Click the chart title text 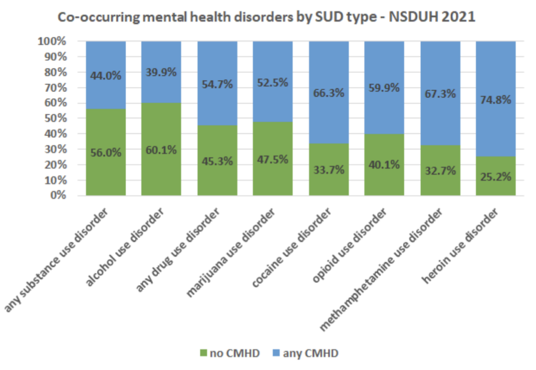[268, 17]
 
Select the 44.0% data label [106, 75]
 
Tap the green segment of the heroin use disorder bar [496, 183]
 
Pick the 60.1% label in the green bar [161, 150]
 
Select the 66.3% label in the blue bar [329, 93]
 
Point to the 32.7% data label [440, 171]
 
